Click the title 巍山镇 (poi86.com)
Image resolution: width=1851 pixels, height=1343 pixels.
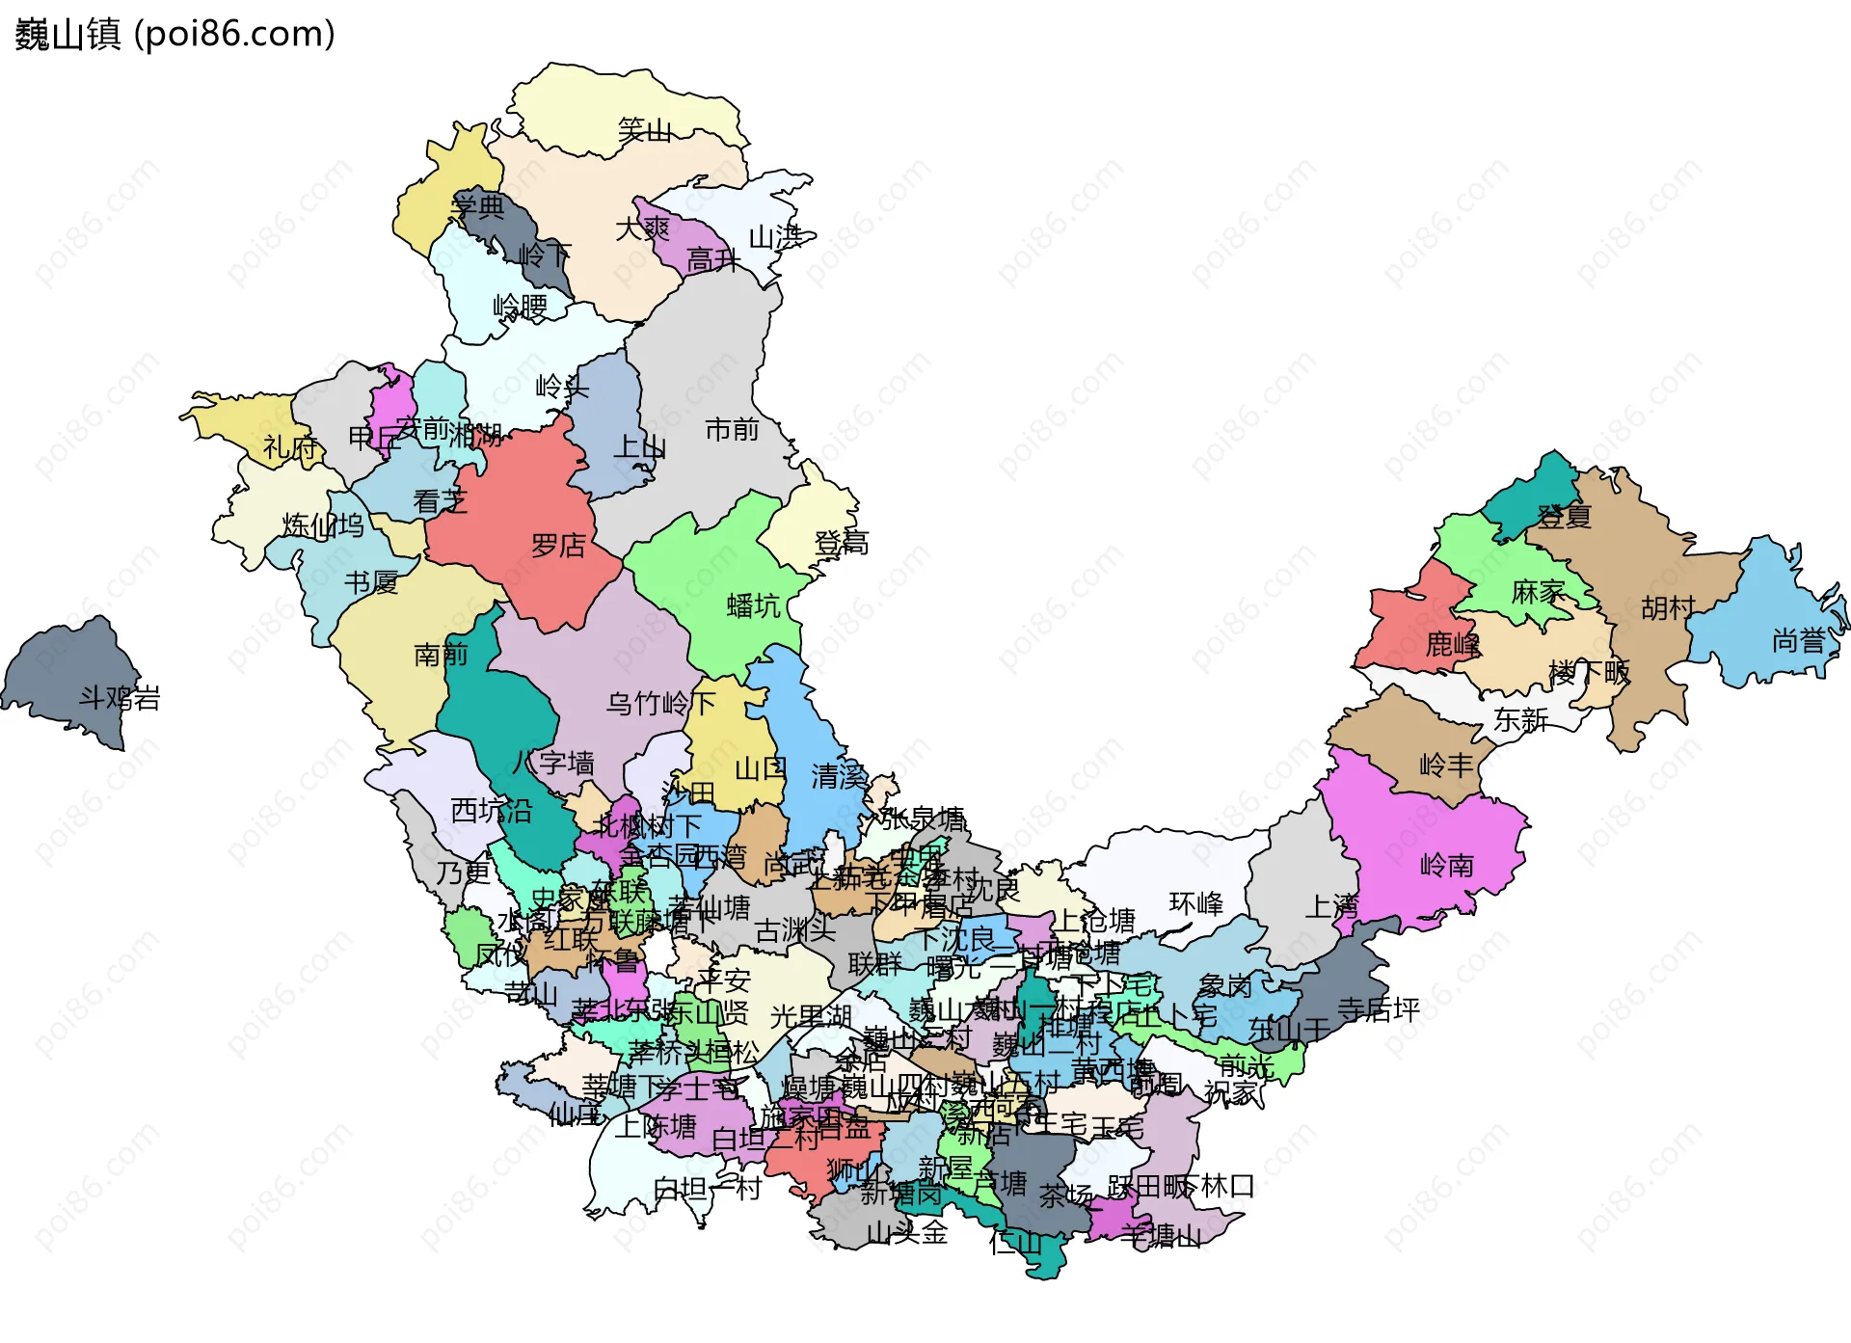[174, 34]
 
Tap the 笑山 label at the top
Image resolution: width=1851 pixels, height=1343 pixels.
[644, 130]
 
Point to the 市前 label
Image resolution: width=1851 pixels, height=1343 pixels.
[732, 429]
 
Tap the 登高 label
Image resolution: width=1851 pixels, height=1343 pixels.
[841, 544]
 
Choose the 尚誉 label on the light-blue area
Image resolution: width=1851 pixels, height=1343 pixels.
[1798, 641]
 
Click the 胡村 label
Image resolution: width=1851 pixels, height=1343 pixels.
[1668, 608]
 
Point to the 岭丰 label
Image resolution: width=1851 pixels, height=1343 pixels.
[1446, 766]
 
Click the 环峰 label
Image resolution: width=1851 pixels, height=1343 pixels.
[1195, 903]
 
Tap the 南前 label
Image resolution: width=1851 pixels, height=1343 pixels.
[440, 656]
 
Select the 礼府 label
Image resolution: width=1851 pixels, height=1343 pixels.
[289, 447]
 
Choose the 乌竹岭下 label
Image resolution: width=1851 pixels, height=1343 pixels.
[659, 704]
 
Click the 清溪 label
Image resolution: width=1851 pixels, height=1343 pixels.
[838, 776]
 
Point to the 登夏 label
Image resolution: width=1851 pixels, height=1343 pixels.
[1564, 517]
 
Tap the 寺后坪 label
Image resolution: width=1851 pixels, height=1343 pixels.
[1378, 1009]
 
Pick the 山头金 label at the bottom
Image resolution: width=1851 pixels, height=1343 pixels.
[906, 1232]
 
